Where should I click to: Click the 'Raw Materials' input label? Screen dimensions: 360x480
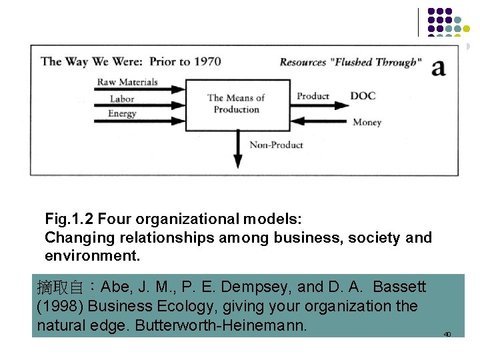(127, 83)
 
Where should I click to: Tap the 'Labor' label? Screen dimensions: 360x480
(122, 99)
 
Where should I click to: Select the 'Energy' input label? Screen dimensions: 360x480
(122, 113)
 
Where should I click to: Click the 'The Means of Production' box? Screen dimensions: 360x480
(237, 104)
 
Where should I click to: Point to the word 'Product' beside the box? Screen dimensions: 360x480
(313, 96)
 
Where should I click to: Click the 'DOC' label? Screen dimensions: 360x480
(363, 96)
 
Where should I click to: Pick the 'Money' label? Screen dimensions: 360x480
(367, 122)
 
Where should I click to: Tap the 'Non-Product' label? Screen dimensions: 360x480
(276, 145)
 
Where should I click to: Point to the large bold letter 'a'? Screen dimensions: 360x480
(438, 67)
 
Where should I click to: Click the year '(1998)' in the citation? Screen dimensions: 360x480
(60, 307)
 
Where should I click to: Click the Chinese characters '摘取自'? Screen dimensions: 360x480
(60, 287)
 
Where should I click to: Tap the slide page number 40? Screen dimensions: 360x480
(447, 334)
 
